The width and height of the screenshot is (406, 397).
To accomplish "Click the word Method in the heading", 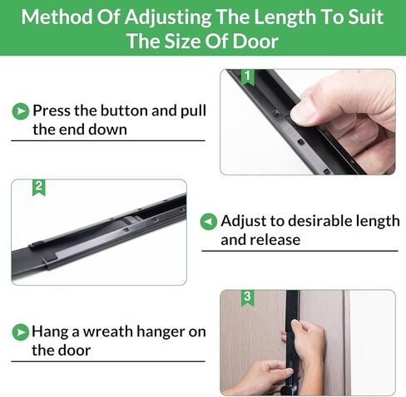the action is pos(57,17).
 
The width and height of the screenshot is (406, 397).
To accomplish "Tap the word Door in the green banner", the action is pos(255,42).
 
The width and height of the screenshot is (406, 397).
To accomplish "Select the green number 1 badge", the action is pos(248,76).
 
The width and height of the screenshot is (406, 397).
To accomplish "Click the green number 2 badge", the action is pos(39,188).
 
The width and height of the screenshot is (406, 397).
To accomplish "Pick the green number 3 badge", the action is pos(247,297).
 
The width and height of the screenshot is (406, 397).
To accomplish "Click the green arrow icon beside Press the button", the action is pos(21,111).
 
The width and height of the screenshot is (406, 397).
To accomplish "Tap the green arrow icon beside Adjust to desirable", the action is pos(209,222).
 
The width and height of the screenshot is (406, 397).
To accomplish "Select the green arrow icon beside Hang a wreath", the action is pos(21,332).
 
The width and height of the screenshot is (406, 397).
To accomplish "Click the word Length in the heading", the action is pos(285,17).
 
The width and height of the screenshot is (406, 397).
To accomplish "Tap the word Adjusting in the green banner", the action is pos(168,17).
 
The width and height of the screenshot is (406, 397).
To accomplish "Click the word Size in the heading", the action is pos(182,42).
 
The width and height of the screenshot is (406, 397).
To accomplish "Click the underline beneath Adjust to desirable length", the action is pos(300,251).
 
